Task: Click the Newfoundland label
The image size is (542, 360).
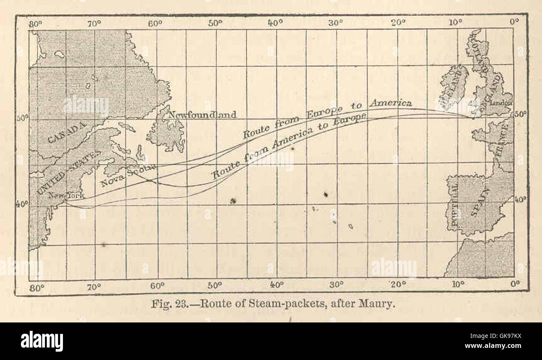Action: click(203, 114)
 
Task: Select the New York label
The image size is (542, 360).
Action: click(66, 195)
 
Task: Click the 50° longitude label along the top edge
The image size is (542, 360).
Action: click(216, 23)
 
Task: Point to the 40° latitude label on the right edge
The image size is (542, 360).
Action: click(519, 199)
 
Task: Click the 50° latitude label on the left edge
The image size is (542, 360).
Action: click(23, 118)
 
